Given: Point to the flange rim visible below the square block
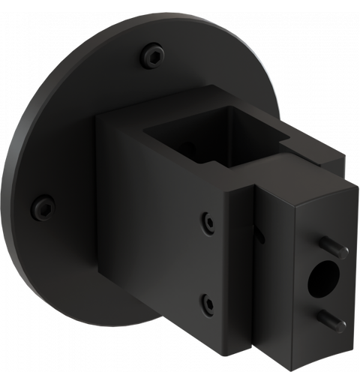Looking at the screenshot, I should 150,315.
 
